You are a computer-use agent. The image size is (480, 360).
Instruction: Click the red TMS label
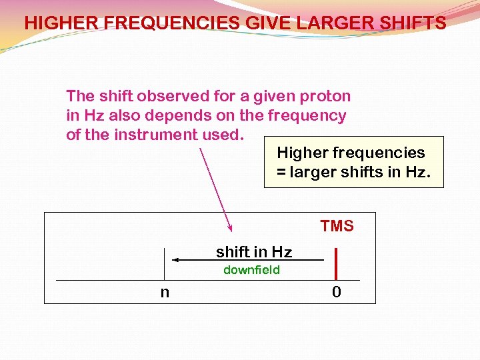coord(337,227)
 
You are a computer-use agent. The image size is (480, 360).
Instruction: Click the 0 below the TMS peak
coord(337,292)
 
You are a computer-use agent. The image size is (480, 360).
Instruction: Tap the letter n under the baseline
coord(165,292)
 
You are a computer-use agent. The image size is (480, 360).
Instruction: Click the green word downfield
coord(251,270)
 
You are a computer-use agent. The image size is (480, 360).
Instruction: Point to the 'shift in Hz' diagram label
coord(254,252)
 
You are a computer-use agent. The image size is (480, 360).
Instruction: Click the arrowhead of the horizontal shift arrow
coord(175,260)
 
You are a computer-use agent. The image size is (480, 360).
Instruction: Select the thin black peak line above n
coord(165,264)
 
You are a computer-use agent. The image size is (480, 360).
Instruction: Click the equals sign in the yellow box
coord(281,173)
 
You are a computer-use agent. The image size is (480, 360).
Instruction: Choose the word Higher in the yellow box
coord(303,153)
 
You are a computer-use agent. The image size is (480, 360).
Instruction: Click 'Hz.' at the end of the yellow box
coord(417,173)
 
